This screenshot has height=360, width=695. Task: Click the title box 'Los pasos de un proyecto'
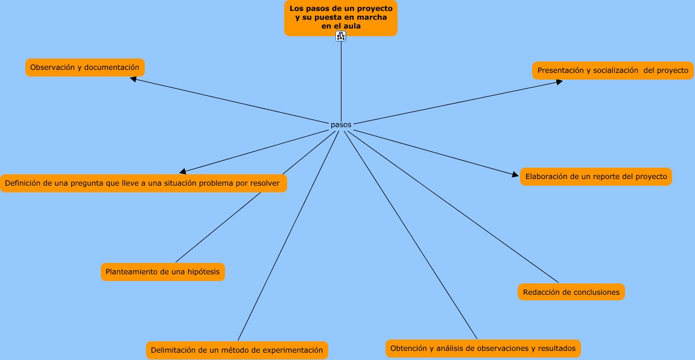[x=341, y=17]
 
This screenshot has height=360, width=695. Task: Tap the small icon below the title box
[x=341, y=37]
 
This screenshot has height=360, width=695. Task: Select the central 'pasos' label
[x=341, y=125]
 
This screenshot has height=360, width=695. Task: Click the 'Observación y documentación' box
[x=84, y=68]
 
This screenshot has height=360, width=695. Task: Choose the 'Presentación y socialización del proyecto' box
[x=612, y=71]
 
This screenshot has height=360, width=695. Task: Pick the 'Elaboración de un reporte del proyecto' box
[x=596, y=177]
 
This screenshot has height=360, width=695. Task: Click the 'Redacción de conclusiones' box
[x=571, y=292]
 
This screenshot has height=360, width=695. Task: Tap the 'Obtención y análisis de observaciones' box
[x=483, y=348]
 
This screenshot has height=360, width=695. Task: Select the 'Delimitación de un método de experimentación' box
[x=236, y=350]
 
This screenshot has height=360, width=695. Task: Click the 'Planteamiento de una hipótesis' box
[x=162, y=272]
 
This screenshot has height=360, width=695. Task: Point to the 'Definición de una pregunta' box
[x=143, y=183]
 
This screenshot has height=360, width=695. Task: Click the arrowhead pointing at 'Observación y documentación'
[x=133, y=78]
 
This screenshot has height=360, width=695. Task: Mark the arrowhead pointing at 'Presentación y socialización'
[x=559, y=81]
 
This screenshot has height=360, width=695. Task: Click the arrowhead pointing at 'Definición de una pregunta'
[x=183, y=172]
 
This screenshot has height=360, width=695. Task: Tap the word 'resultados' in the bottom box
[x=557, y=348]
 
